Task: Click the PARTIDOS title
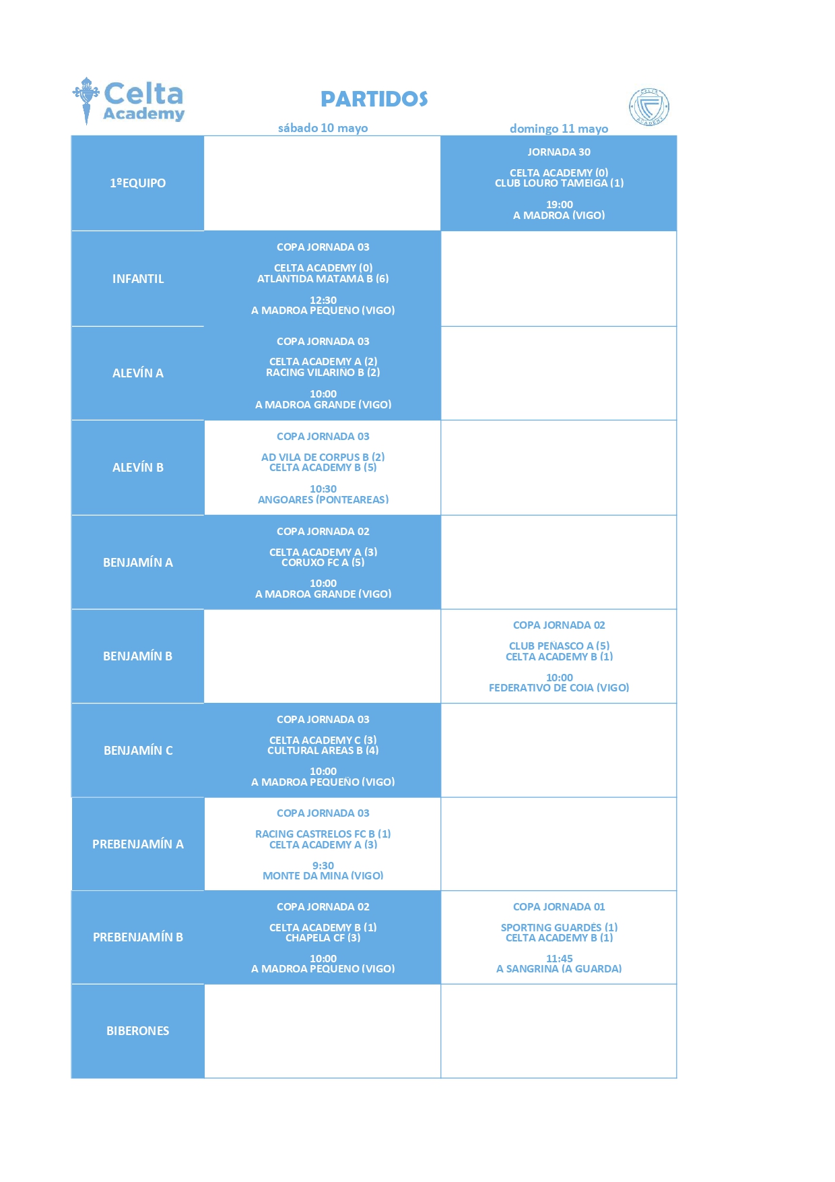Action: [x=374, y=99]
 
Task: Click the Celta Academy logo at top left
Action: [x=128, y=101]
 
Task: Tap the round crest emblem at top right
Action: [x=649, y=106]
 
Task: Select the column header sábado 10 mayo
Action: [x=323, y=128]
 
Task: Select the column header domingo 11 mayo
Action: [x=559, y=129]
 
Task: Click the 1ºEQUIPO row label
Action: [x=137, y=183]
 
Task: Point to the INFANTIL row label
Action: [x=137, y=279]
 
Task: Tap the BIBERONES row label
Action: [x=137, y=1031]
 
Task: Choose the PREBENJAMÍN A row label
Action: [x=137, y=844]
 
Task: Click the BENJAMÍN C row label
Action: [x=137, y=751]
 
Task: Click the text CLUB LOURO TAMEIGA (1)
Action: [x=559, y=183]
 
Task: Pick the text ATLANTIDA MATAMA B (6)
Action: [x=323, y=279]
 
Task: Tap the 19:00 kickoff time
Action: [x=559, y=205]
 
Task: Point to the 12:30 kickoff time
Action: [x=323, y=301]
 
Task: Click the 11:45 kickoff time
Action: [x=559, y=959]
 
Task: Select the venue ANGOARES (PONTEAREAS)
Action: [x=323, y=500]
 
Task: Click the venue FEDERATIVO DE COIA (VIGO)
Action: [x=559, y=688]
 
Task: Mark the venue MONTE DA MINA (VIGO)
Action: [x=323, y=876]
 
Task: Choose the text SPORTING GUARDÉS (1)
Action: [x=559, y=928]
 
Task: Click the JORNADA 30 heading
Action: [x=559, y=152]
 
